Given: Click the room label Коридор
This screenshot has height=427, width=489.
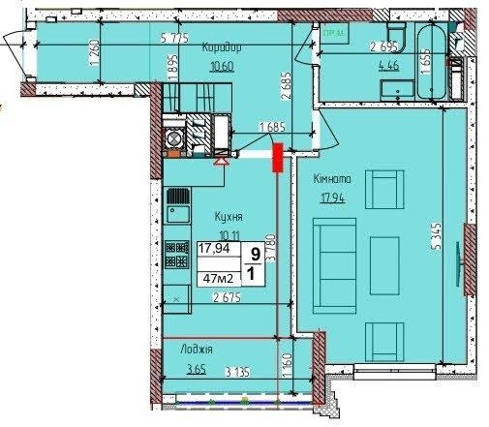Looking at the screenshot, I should (221, 47).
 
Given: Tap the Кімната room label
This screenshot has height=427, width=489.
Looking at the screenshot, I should (332, 179).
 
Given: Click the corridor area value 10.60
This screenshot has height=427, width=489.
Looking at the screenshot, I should (221, 67).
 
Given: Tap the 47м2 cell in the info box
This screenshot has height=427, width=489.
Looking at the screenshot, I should (219, 279).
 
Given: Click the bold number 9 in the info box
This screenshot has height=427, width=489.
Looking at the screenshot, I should (255, 254).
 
